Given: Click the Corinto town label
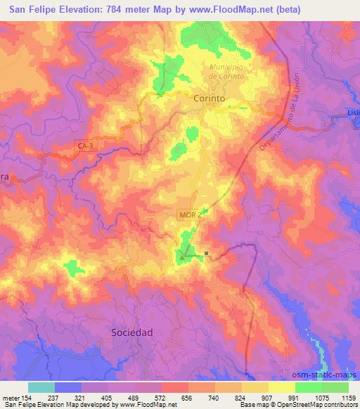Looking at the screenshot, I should point(209,99).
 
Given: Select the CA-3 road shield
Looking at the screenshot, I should point(86,145).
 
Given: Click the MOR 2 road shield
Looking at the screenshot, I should point(189,215).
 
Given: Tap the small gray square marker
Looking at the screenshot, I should point(207,254).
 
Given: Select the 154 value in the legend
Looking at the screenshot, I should point(27,397).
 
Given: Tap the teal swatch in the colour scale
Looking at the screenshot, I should point(41,387).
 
